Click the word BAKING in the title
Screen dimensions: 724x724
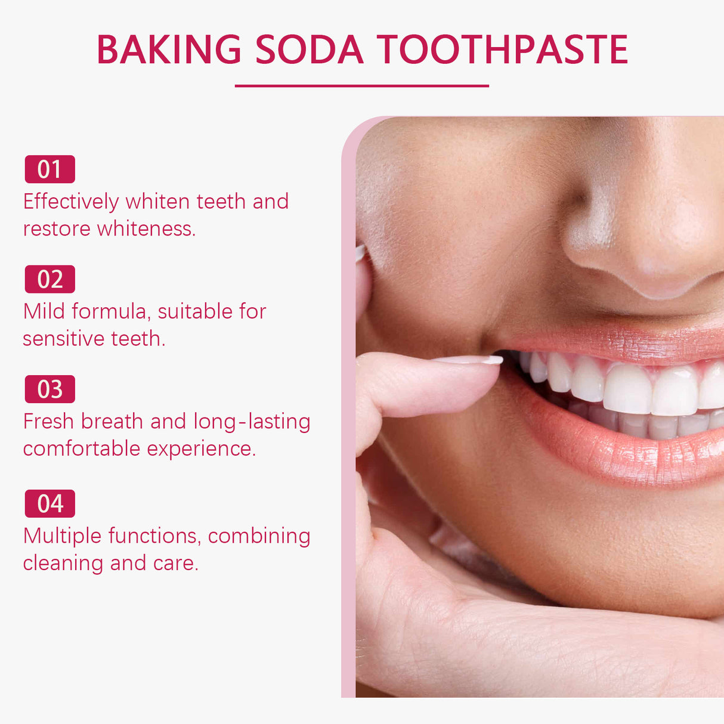pos(169,49)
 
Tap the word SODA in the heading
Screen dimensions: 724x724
pos(309,49)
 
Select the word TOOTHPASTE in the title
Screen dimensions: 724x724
pos(502,49)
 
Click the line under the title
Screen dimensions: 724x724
pos(361,86)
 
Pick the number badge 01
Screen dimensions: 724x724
pos(49,169)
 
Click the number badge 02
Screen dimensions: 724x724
pos(49,279)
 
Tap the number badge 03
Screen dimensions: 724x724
pos(49,389)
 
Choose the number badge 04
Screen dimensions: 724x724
pos(49,504)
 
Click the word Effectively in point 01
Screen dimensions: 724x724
pos(71,202)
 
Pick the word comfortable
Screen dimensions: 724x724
pos(82,448)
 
